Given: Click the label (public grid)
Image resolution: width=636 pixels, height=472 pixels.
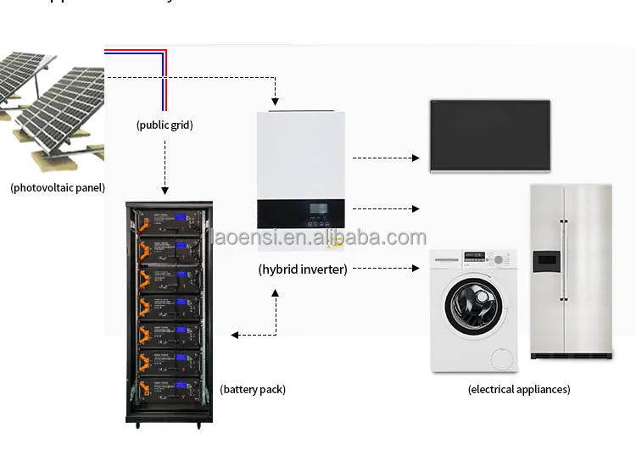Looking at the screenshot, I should pyautogui.click(x=165, y=125).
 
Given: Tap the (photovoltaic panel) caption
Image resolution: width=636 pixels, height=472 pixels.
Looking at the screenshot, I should pyautogui.click(x=58, y=187).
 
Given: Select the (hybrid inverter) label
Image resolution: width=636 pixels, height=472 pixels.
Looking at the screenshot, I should pyautogui.click(x=303, y=269).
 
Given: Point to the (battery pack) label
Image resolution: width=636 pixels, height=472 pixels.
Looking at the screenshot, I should pyautogui.click(x=253, y=390).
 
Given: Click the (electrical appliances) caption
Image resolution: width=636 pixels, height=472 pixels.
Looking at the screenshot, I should pyautogui.click(x=518, y=390).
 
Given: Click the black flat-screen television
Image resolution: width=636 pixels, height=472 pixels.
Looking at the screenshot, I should pyautogui.click(x=490, y=136).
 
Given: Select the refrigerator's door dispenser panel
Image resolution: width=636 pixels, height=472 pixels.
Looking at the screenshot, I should pyautogui.click(x=545, y=262).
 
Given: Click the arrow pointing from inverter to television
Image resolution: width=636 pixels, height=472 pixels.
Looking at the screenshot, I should pyautogui.click(x=386, y=158).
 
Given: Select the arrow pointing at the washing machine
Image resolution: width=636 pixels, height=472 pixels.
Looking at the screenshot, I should pyautogui.click(x=386, y=269).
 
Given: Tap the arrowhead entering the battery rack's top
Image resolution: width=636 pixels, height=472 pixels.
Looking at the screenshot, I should pyautogui.click(x=165, y=191).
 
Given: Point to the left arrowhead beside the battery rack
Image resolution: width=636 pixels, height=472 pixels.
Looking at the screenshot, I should pyautogui.click(x=235, y=336).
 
